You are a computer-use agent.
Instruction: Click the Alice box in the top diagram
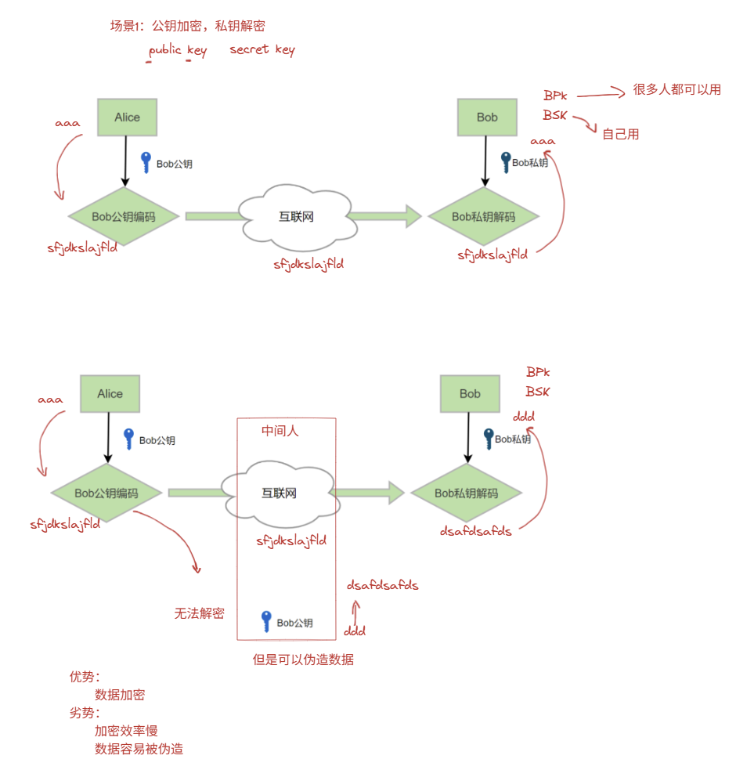click(127, 117)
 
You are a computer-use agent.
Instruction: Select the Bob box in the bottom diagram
click(470, 394)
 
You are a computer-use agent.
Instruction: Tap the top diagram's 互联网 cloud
click(296, 217)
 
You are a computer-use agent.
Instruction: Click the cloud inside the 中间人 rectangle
click(279, 493)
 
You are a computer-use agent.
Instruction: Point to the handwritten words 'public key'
click(178, 50)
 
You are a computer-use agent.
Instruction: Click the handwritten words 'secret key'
click(262, 49)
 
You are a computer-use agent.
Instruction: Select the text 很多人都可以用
click(676, 90)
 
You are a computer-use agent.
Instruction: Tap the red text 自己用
click(620, 134)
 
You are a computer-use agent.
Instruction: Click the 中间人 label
click(280, 432)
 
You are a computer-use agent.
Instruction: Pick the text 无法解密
click(199, 613)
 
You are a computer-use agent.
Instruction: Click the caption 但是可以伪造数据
click(303, 660)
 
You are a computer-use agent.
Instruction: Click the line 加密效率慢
click(126, 731)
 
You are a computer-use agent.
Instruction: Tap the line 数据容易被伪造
click(139, 749)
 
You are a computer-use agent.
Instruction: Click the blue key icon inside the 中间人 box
click(266, 621)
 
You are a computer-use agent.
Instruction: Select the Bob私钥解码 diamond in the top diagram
click(483, 217)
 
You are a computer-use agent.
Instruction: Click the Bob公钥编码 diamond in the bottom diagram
click(106, 493)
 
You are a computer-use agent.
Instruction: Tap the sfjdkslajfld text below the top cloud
click(308, 265)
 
